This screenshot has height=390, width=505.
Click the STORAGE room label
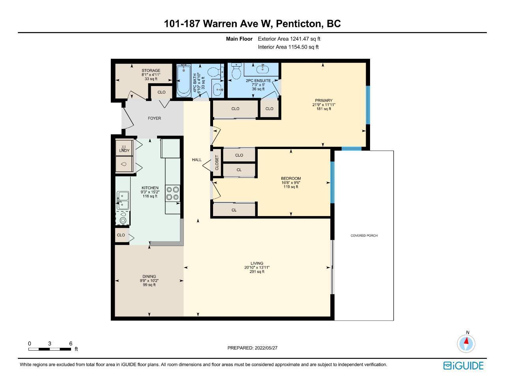point(151,70)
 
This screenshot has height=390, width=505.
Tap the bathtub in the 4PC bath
point(183,80)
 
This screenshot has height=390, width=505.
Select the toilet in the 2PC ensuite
point(236,71)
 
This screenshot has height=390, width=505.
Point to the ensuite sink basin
point(263,69)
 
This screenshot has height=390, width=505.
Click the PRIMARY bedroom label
point(324,100)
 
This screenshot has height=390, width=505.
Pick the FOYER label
point(154,118)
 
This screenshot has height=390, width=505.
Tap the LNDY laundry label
point(124,151)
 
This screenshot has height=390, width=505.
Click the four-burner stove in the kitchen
point(173,193)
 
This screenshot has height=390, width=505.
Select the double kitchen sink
point(123,200)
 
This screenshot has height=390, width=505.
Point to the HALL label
point(196,160)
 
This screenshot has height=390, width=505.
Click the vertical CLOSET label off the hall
point(217,162)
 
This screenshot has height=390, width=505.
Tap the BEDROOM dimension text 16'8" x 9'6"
point(291,183)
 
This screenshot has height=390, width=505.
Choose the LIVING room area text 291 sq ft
point(257,272)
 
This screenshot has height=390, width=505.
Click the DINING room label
point(149,276)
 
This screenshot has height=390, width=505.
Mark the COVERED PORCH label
point(364,235)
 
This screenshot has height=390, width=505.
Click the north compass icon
point(466,343)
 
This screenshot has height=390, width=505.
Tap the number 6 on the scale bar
point(71,343)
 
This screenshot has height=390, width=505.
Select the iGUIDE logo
point(463,366)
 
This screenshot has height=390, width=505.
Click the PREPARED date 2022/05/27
point(266,348)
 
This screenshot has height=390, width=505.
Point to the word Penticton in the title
point(299,24)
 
